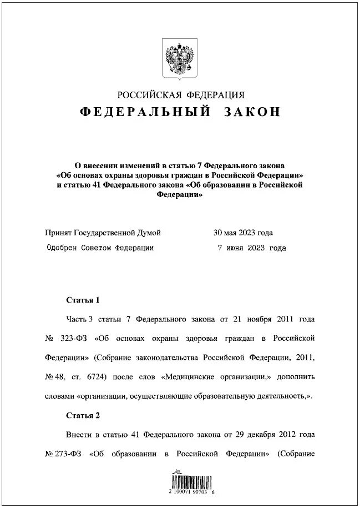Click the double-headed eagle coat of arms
(x=180, y=58)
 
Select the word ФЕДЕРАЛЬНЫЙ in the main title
(x=145, y=112)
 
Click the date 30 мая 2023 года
(x=243, y=233)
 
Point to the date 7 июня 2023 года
(x=252, y=248)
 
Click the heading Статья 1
(x=83, y=300)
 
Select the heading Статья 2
(x=83, y=415)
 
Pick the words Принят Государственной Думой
(x=104, y=233)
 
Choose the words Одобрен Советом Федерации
(x=100, y=248)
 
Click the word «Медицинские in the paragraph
(x=189, y=377)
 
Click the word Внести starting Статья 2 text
(x=79, y=434)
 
